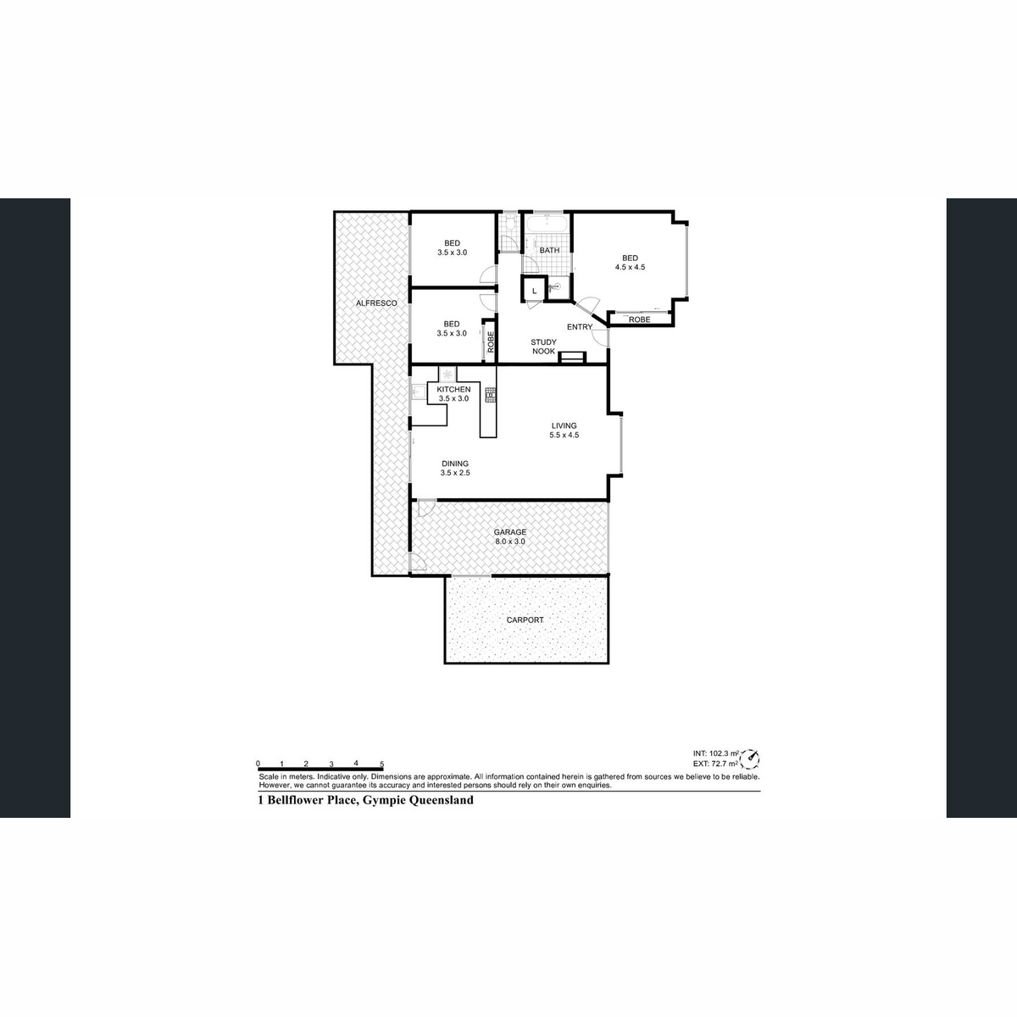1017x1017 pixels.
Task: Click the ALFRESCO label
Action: tap(371, 303)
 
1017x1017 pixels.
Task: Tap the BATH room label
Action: tap(549, 250)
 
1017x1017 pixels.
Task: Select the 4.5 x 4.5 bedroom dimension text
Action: tap(630, 267)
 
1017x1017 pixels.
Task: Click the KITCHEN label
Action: tap(453, 389)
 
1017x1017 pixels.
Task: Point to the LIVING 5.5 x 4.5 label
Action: tap(564, 431)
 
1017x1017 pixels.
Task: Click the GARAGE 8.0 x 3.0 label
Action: tap(510, 536)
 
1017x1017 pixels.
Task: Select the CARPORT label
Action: tap(525, 620)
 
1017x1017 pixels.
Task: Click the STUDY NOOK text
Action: tap(543, 347)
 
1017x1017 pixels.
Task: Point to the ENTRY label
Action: tap(580, 327)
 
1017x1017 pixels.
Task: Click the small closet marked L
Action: tap(534, 291)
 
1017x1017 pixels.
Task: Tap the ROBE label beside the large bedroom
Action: tap(639, 320)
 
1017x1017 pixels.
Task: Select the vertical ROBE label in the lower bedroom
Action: tap(490, 341)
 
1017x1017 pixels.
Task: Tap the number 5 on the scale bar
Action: tap(382, 764)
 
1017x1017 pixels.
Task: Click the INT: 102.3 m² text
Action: tap(715, 753)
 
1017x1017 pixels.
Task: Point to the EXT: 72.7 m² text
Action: tap(715, 764)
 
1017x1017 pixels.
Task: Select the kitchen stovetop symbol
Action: tap(489, 394)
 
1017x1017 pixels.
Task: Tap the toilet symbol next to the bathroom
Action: tap(510, 225)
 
